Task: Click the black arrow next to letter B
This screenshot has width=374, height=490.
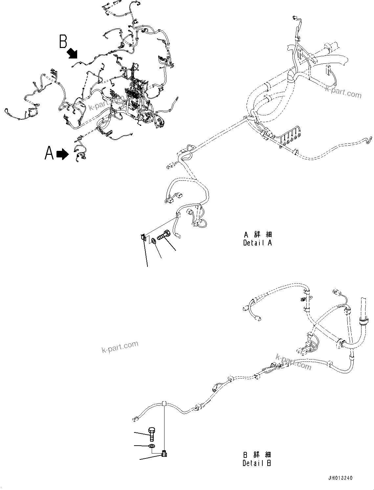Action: [73, 53]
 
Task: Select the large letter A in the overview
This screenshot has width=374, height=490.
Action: [49, 153]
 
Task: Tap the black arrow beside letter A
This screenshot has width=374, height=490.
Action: [62, 154]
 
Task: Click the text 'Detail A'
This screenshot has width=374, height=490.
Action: [257, 243]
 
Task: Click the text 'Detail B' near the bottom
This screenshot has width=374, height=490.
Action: [257, 463]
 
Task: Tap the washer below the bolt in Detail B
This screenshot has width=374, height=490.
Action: [151, 446]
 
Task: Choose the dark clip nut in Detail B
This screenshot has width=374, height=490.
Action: [164, 454]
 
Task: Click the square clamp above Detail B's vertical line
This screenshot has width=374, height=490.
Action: [164, 403]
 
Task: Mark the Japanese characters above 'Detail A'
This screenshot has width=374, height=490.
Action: [257, 234]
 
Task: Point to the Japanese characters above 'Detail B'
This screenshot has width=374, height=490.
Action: [257, 455]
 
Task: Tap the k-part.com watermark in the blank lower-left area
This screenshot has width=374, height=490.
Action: [120, 347]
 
